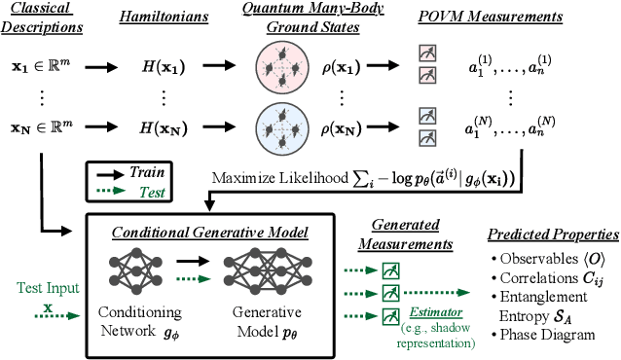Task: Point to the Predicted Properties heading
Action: (552, 234)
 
